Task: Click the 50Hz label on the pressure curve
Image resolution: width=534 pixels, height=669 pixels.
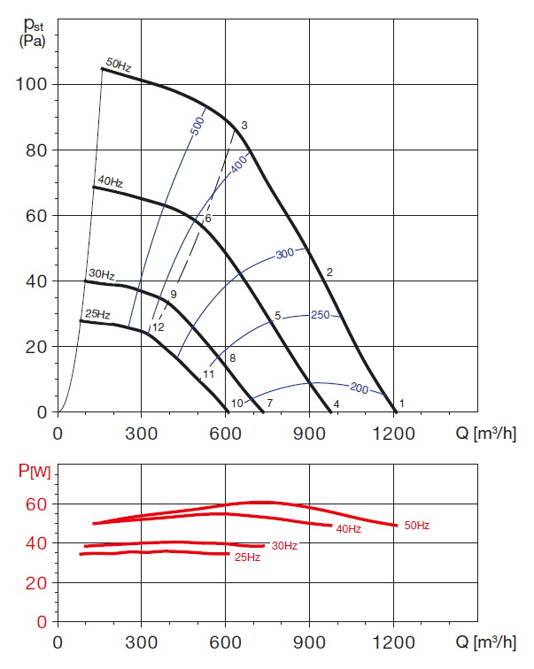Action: click(x=119, y=63)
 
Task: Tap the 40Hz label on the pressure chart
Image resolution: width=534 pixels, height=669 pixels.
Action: click(x=110, y=182)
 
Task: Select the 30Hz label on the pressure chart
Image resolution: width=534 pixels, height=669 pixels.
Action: click(x=102, y=275)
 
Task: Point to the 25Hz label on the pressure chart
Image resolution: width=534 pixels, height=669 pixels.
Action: click(x=97, y=314)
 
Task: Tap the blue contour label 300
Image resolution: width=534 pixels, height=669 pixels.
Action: click(x=284, y=254)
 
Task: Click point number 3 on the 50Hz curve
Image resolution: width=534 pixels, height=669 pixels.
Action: click(x=244, y=125)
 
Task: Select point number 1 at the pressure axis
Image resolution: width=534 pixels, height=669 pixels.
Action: click(x=401, y=404)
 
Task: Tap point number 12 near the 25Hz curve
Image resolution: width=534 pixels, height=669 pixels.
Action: click(x=159, y=327)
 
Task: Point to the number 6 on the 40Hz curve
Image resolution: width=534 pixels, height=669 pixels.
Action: click(x=208, y=218)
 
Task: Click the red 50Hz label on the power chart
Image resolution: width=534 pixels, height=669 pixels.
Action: click(x=416, y=526)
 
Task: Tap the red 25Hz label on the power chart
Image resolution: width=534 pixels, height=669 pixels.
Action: click(x=248, y=557)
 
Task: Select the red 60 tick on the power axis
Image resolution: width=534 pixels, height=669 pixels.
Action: click(x=35, y=504)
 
